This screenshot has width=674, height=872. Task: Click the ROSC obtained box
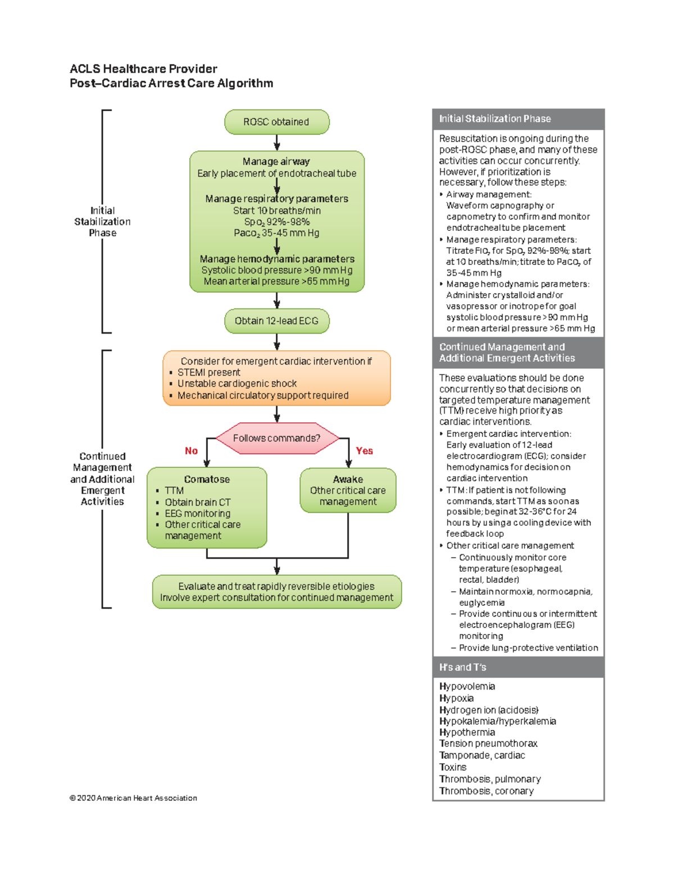click(276, 122)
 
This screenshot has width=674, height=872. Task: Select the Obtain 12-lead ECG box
click(276, 321)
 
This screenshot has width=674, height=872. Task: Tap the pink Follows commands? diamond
click(276, 438)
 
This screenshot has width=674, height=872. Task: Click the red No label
click(191, 451)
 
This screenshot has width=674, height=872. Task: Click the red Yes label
click(364, 451)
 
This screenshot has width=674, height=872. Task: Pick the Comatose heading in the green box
click(207, 479)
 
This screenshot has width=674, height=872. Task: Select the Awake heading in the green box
click(348, 479)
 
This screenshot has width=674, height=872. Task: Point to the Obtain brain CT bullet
click(197, 502)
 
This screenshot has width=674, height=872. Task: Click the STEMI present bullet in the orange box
click(208, 372)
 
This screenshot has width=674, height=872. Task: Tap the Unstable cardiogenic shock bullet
click(236, 384)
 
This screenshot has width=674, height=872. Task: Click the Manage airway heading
click(276, 161)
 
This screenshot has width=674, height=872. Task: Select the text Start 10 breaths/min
click(276, 211)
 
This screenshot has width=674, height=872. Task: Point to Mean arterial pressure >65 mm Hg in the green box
click(276, 281)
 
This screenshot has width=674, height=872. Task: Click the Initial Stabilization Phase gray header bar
click(518, 118)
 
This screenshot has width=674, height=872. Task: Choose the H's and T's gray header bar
click(518, 667)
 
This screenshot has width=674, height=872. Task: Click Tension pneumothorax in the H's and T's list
click(488, 743)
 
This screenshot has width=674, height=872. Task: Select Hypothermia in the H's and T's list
click(467, 732)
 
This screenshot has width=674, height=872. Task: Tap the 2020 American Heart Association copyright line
click(133, 798)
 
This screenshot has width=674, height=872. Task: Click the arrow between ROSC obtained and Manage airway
click(276, 143)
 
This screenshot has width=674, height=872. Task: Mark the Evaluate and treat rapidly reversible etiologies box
click(276, 592)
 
